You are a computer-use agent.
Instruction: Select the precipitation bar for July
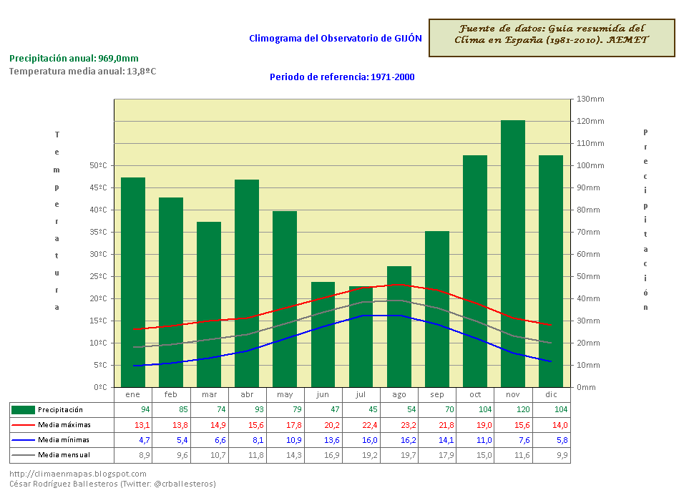[x=361, y=336]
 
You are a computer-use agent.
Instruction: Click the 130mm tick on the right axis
[x=590, y=99]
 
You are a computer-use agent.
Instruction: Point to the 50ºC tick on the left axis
[x=98, y=166]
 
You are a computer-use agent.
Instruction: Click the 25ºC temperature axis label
[x=98, y=277]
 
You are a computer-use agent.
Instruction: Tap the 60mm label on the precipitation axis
[x=590, y=255]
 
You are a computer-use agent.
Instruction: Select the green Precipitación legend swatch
[x=24, y=410]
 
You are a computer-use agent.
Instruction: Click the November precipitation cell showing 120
[x=513, y=410]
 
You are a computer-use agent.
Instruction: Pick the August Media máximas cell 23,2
[x=399, y=425]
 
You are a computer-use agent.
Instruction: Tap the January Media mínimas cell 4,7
[x=133, y=440]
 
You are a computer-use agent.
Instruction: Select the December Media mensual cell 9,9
[x=551, y=455]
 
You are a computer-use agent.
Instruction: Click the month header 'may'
[x=285, y=395]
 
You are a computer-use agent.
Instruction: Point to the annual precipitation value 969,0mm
[x=118, y=59]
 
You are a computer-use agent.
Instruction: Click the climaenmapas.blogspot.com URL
[x=78, y=474]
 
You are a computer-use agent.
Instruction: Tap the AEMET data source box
[x=552, y=39]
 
